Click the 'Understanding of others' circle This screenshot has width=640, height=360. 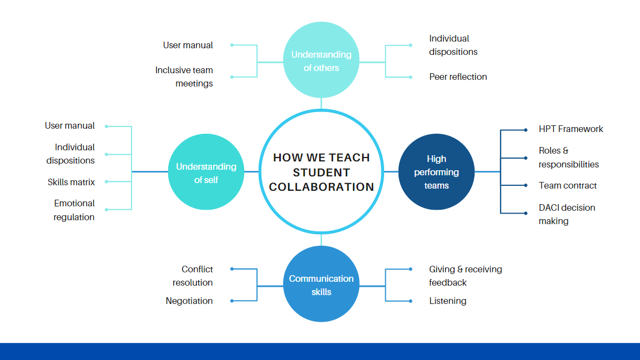click(x=321, y=62)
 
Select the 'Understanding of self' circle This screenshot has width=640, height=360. click(x=206, y=173)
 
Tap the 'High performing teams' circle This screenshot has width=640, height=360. click(x=436, y=172)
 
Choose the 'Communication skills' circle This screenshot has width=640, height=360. click(x=321, y=285)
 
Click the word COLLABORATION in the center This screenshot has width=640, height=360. click(x=321, y=187)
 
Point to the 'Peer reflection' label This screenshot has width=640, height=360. click(x=458, y=77)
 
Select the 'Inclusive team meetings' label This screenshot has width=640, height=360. click(x=184, y=77)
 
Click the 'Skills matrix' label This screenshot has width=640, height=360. click(x=71, y=182)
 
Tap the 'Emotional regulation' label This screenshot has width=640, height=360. click(x=74, y=210)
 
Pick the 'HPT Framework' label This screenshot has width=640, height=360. click(x=571, y=129)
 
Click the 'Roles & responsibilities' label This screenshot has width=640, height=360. click(x=568, y=157)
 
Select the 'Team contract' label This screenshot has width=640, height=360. click(x=568, y=185)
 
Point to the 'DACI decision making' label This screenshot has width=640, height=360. click(x=567, y=214)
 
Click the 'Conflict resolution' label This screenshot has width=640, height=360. click(x=193, y=276)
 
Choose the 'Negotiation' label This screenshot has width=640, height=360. click(x=189, y=301)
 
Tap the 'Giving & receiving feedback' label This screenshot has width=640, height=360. click(x=465, y=276)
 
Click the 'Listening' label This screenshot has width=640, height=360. click(x=447, y=301)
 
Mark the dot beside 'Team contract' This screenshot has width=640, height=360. click(x=526, y=185)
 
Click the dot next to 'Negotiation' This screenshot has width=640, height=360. click(x=232, y=301)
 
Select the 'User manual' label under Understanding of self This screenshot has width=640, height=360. click(x=70, y=125)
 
